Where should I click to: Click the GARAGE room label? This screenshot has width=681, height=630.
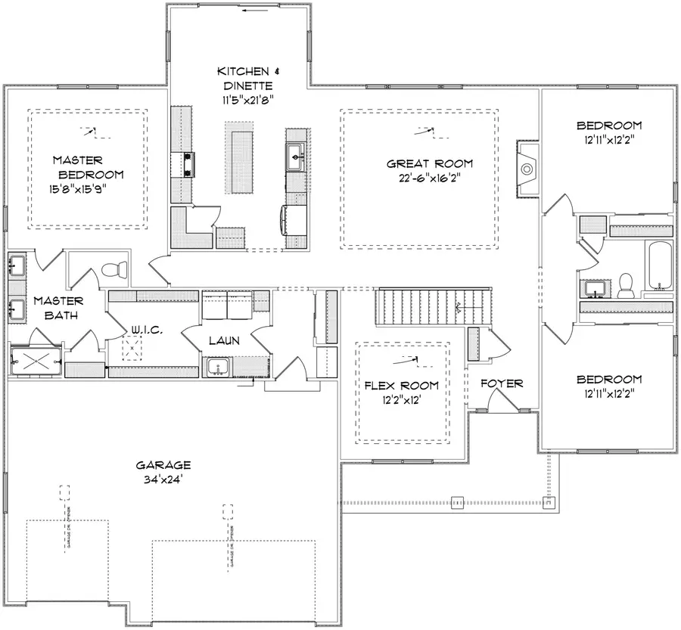[163, 465]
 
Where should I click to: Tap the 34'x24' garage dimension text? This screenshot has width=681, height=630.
[163, 479]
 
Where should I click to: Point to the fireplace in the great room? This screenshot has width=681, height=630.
[527, 169]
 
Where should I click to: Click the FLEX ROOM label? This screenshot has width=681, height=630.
[401, 386]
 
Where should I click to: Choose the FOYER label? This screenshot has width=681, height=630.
[502, 383]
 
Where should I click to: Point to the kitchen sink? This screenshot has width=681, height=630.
[295, 159]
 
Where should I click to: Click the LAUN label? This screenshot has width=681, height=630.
[224, 341]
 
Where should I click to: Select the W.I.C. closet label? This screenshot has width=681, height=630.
[144, 329]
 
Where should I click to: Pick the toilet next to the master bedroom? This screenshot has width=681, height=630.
[113, 269]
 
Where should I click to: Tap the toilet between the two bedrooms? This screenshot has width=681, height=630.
[626, 284]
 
